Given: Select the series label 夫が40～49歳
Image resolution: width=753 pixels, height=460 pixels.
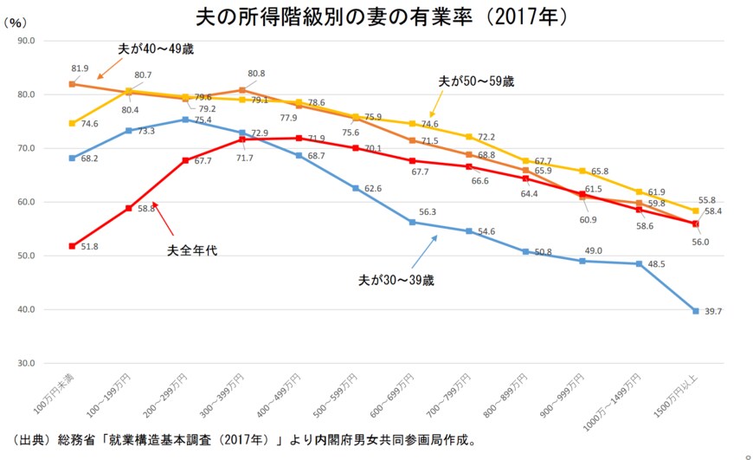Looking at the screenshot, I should (157, 49).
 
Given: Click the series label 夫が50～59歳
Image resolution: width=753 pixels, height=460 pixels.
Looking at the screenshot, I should (477, 81).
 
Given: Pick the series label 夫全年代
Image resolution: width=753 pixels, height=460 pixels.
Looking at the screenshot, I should (191, 250).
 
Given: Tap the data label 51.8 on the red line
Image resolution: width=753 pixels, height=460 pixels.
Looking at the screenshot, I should (88, 246).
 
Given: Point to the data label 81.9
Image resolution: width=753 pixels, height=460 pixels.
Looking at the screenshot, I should (80, 68).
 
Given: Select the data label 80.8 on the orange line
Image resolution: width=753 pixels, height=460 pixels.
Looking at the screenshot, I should (256, 74).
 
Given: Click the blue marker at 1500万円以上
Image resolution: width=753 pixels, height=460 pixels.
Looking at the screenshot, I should (695, 310).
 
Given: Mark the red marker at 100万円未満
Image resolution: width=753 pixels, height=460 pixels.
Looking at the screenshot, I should (72, 246).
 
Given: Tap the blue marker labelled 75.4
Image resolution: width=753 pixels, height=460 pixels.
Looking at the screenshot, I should (185, 120).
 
